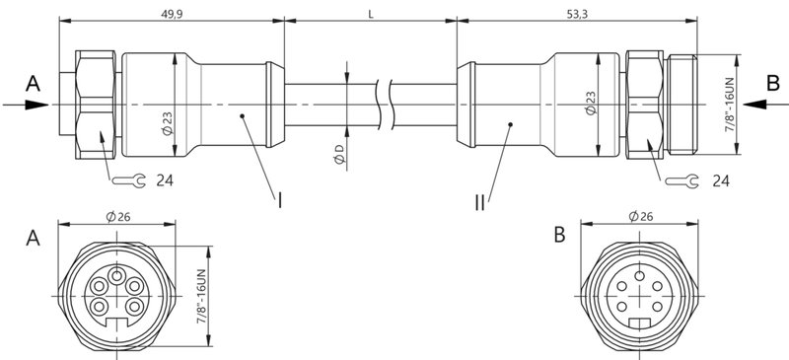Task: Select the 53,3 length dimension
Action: click(579, 15)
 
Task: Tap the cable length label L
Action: click(370, 15)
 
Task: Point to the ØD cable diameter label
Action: click(338, 154)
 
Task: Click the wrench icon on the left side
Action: click(127, 180)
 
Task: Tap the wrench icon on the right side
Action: click(679, 180)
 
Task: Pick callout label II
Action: click(479, 201)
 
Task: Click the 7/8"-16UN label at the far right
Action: click(731, 104)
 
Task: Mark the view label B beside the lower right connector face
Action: click(559, 237)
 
